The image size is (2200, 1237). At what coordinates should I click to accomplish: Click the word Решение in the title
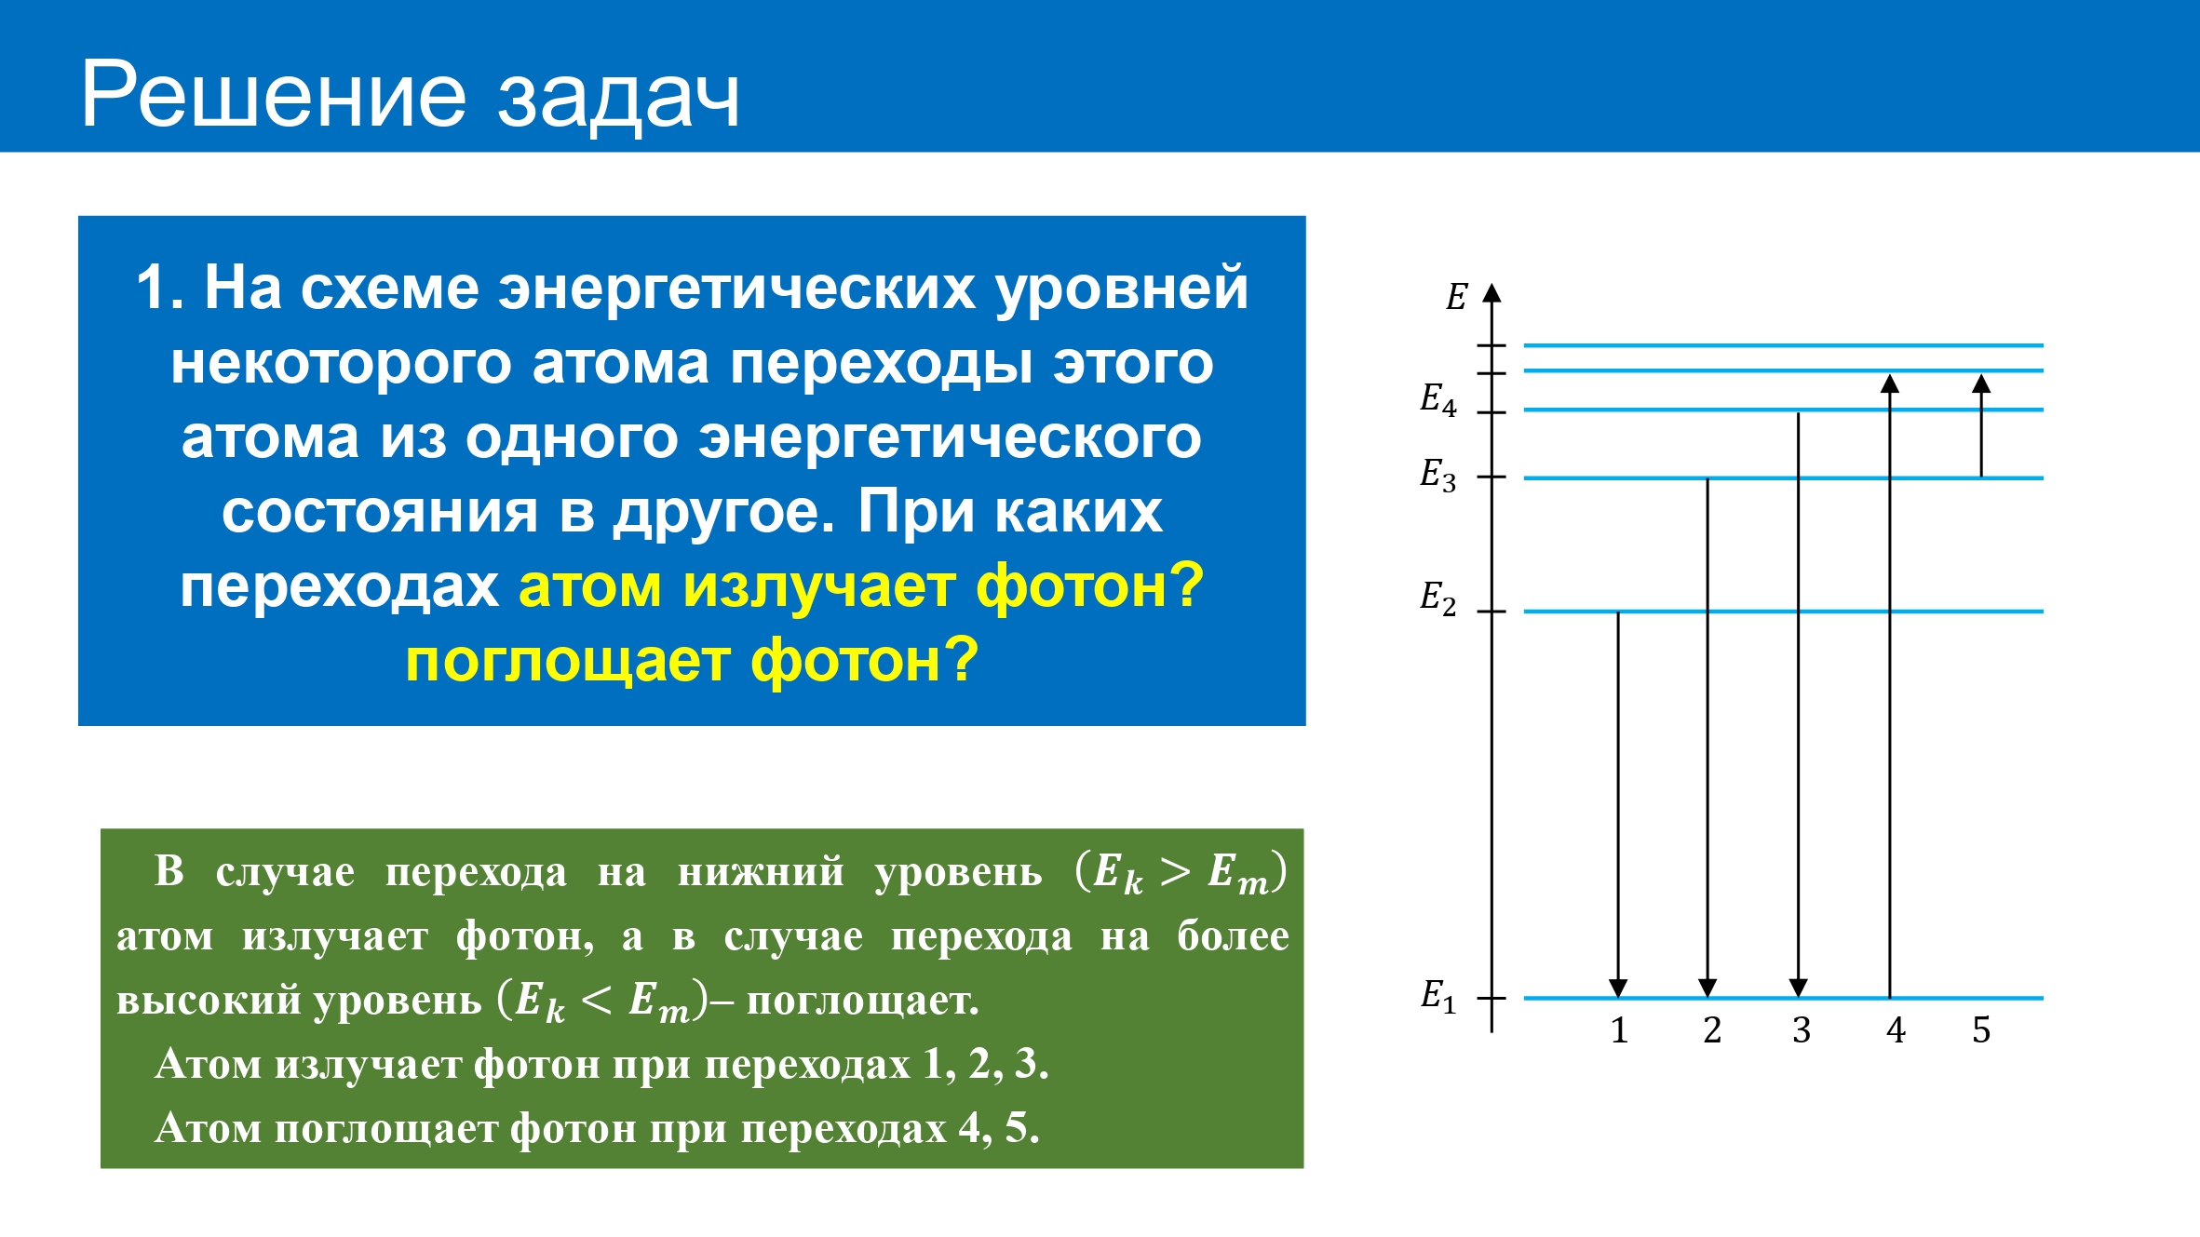pos(274,94)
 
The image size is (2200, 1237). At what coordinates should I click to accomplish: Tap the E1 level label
pos(1438,996)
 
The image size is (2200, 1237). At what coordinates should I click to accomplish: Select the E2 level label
pos(1437,598)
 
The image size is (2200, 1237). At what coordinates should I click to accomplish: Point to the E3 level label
pos(1437,475)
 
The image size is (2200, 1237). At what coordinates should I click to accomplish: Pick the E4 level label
pos(1437,398)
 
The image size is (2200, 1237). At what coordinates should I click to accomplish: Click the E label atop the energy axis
pos(1456,297)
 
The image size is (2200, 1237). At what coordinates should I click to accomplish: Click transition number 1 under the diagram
pos(1619,1030)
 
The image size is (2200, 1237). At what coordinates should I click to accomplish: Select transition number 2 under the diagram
pos(1711,1030)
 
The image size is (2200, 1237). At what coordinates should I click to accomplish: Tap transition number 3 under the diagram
pos(1802,1030)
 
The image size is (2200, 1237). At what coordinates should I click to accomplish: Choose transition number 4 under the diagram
pos(1896,1030)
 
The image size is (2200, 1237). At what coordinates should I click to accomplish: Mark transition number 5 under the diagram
pos(1981,1030)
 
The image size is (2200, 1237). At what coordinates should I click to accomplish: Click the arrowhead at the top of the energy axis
pos(1491,293)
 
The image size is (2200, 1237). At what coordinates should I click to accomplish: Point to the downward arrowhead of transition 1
pos(1618,988)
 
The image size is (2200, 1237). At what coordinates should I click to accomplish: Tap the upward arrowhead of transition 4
pos(1889,383)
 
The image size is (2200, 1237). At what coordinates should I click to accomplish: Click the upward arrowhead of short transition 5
pos(1981,383)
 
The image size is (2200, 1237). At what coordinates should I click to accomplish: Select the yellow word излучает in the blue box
pos(819,587)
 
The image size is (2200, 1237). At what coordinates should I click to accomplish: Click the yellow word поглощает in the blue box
pos(568,662)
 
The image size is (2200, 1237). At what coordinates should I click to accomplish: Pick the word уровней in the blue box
pos(1122,289)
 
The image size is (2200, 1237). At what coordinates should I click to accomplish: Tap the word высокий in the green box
pos(209,1001)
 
